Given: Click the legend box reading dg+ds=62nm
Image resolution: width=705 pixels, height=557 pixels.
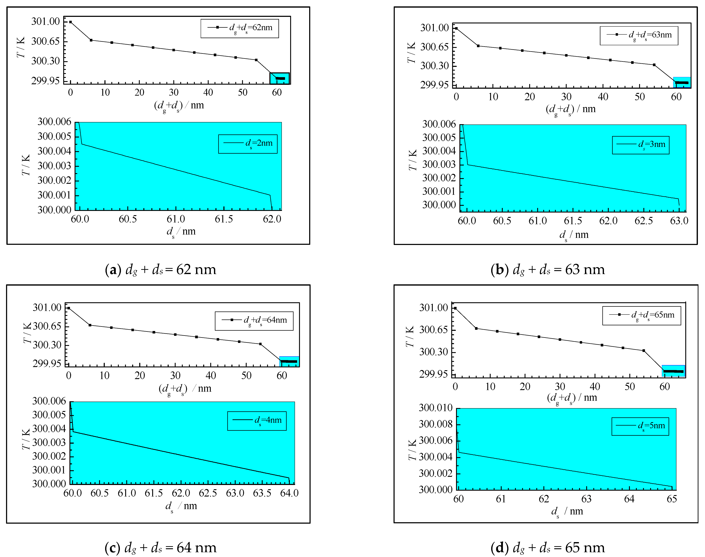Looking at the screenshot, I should [240, 28].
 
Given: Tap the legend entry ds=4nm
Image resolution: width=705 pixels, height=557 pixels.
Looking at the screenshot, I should [257, 421].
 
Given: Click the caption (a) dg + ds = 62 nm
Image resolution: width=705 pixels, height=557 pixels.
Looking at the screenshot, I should [161, 270].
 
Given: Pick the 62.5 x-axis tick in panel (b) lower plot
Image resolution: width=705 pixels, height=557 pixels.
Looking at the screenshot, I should [643, 221].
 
